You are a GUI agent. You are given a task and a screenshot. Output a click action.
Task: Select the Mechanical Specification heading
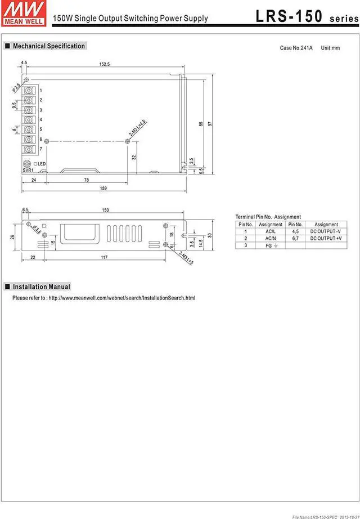[x=49, y=46]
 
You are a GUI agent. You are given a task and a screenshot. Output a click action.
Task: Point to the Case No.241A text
[x=297, y=48]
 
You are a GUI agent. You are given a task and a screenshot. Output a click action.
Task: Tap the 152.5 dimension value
[x=105, y=64]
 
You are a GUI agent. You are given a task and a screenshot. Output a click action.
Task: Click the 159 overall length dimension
[x=103, y=188]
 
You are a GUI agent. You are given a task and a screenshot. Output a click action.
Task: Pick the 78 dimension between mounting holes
[x=86, y=180]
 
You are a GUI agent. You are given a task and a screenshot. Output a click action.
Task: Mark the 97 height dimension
[x=209, y=124]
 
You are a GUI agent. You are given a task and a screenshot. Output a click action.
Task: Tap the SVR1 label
[x=28, y=169]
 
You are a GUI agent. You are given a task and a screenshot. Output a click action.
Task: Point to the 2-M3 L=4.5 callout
[x=137, y=129]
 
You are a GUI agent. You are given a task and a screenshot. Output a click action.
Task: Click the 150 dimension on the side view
[x=105, y=210]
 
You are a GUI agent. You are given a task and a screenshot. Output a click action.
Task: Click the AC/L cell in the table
[x=271, y=231]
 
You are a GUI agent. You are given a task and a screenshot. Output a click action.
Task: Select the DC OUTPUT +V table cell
[x=326, y=238]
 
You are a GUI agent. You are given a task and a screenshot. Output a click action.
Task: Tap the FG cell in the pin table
[x=271, y=245]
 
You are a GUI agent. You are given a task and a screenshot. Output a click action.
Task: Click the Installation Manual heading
[x=41, y=287]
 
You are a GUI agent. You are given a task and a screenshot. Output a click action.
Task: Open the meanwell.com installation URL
[x=122, y=298]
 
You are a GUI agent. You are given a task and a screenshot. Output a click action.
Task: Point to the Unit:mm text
[x=330, y=48]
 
